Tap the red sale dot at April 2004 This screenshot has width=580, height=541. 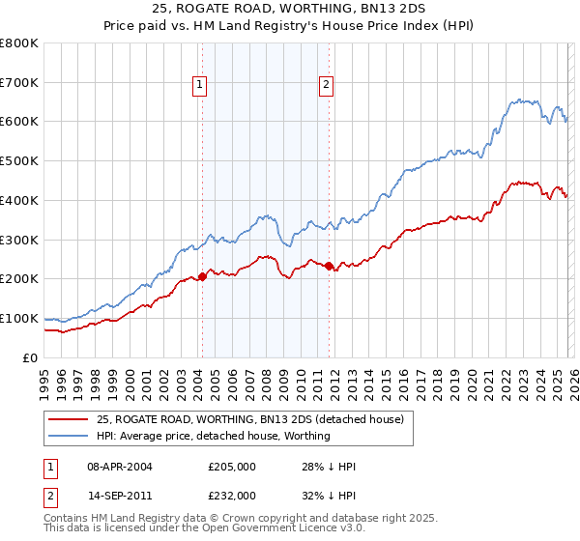202,276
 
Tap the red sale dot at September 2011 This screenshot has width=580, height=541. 330,266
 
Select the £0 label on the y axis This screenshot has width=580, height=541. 31,357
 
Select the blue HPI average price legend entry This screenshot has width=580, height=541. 213,436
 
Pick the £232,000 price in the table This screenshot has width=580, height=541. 232,495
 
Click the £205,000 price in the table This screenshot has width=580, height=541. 232,467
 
